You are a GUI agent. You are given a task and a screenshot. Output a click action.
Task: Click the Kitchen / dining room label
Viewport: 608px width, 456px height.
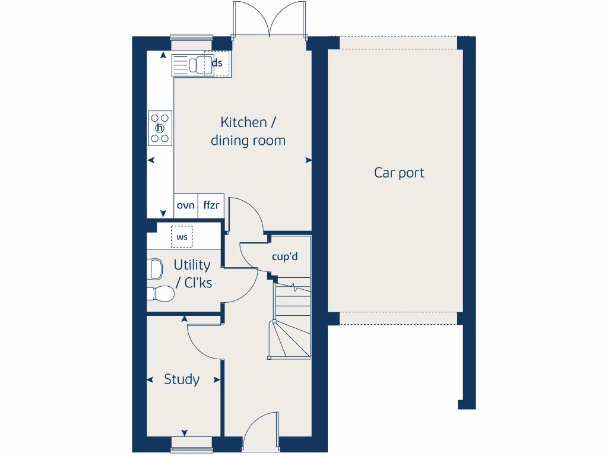(x=248, y=131)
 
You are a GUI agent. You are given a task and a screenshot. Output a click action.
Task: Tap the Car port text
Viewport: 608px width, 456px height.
(x=399, y=173)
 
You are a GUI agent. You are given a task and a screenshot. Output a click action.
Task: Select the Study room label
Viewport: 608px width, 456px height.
(x=182, y=379)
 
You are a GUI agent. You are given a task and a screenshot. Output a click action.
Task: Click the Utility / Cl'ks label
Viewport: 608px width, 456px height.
(x=192, y=274)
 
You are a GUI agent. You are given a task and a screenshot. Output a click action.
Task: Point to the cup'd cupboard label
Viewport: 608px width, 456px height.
(x=284, y=257)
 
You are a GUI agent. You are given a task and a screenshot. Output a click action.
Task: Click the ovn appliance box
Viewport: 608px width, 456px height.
(x=185, y=205)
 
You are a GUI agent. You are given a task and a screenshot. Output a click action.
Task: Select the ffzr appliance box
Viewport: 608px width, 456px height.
(x=211, y=205)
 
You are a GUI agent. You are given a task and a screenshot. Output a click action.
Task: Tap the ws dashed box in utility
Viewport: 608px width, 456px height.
(x=182, y=237)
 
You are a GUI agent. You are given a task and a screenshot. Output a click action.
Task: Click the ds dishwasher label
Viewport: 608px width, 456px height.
(x=217, y=63)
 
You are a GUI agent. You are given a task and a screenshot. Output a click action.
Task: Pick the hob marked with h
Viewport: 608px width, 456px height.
(x=160, y=128)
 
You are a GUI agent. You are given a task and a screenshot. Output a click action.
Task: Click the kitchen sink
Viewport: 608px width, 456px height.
(x=191, y=65)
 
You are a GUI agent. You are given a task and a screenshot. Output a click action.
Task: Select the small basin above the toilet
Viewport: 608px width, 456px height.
(x=156, y=269)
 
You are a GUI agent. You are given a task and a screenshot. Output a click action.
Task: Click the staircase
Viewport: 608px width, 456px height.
(x=292, y=321)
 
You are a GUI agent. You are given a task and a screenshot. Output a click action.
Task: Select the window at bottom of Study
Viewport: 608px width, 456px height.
(x=191, y=442)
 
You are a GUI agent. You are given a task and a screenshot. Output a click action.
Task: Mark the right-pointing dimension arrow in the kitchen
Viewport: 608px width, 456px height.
(x=308, y=160)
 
